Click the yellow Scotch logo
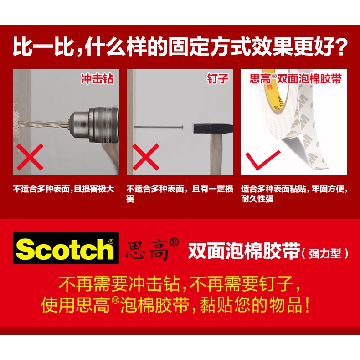click(66, 248)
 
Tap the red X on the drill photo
click(30, 157)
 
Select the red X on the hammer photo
click(145, 157)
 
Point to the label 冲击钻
click(98, 79)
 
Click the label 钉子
click(218, 79)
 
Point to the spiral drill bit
click(44, 124)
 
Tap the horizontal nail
click(159, 127)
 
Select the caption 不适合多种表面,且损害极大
click(64, 189)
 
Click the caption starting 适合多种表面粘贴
click(294, 194)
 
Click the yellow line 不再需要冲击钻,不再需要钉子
click(180, 284)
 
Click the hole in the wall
click(16, 123)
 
